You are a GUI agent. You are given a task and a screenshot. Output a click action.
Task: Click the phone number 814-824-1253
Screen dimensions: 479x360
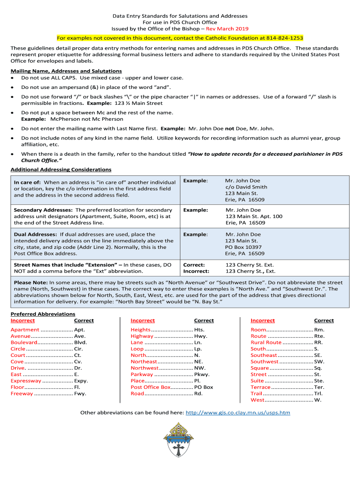coord(285,38)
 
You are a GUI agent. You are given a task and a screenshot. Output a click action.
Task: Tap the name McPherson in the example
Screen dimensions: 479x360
coord(66,119)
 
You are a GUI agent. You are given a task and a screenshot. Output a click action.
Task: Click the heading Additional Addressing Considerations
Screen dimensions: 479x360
coord(61,169)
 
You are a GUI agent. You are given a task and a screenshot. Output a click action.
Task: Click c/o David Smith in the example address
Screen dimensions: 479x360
coord(246,187)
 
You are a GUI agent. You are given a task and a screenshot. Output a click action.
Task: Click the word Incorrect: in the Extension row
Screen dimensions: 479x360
coord(196,271)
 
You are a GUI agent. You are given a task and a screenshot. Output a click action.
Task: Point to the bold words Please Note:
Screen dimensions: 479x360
coord(30,283)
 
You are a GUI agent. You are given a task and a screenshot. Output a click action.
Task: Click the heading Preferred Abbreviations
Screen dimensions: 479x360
coord(43,314)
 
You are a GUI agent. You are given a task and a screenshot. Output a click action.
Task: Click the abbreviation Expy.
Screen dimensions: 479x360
coord(81,381)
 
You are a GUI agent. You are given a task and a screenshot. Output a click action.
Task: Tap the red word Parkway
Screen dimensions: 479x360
coord(142,374)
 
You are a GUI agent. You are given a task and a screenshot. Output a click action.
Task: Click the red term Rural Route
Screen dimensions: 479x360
coord(266,342)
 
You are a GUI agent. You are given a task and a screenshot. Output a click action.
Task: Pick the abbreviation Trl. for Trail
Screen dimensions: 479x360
coord(319,393)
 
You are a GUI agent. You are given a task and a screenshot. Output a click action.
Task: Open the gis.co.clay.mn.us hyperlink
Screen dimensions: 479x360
coord(238,413)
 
